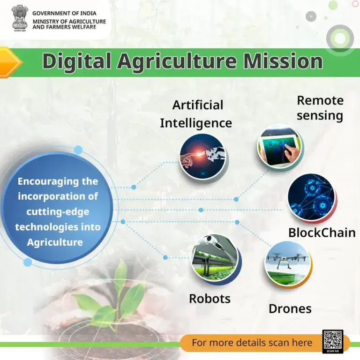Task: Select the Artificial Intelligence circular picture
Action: pos(202,156)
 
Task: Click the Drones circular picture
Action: pos(287,264)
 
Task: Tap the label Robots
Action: pos(210,299)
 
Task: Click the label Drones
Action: pos(290,309)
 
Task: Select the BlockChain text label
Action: pos(322,232)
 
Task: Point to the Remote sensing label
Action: pos(320,108)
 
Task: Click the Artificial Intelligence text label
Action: pos(196,114)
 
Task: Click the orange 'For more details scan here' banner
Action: pos(252,343)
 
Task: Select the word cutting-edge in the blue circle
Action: pos(58,211)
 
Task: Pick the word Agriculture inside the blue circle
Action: pos(55,242)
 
